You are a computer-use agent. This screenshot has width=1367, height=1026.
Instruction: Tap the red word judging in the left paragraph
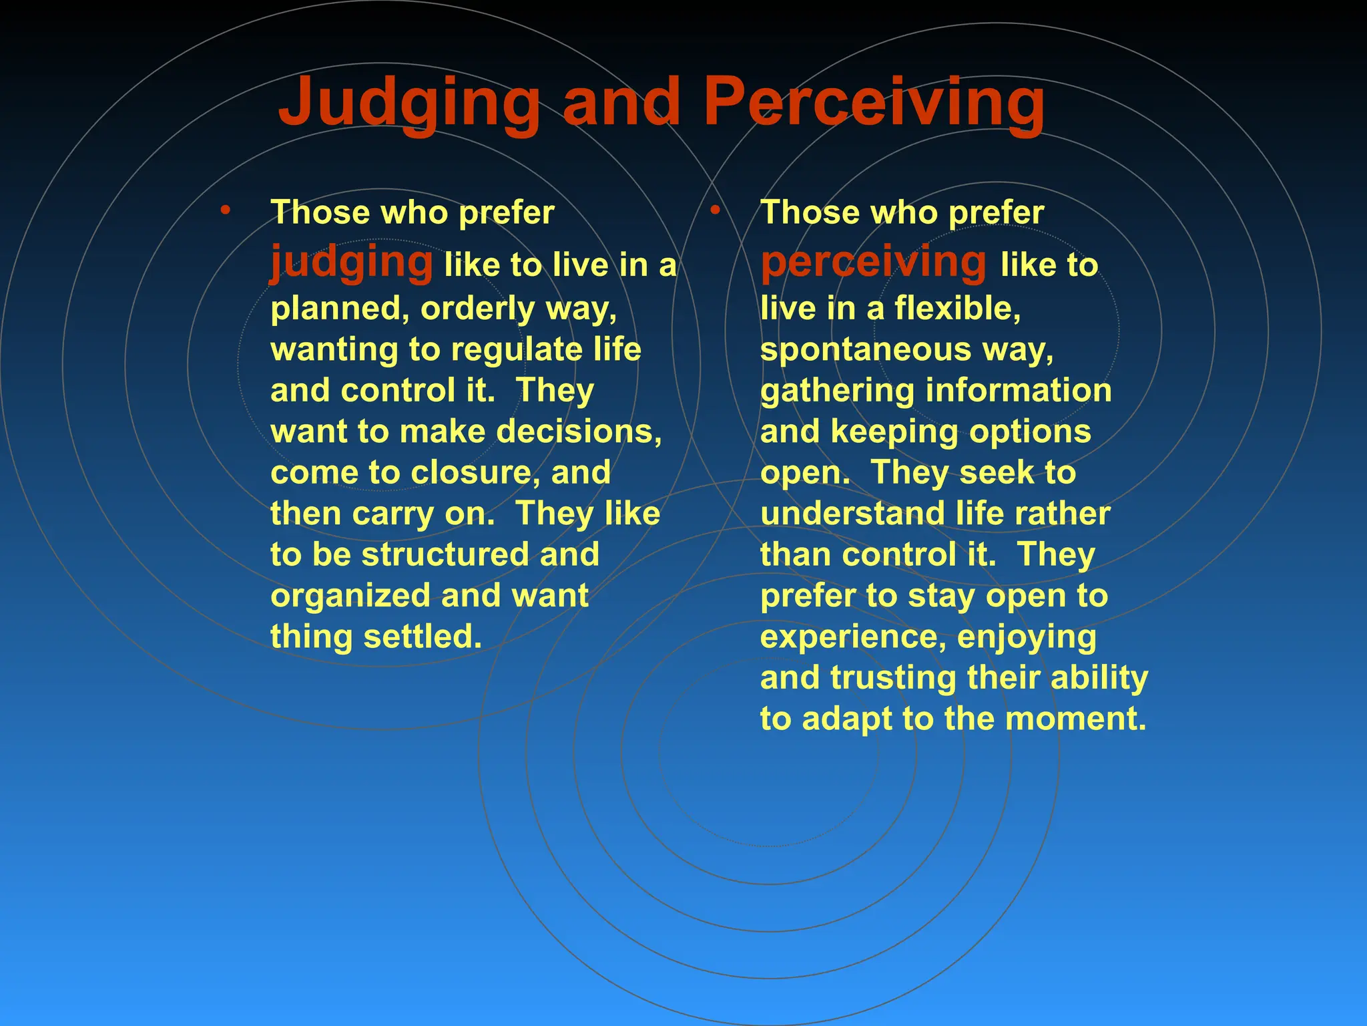coord(352,262)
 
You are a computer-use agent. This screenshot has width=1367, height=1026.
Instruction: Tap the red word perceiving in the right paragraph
coord(873,262)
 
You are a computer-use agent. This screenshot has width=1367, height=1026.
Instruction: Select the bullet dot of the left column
coord(226,211)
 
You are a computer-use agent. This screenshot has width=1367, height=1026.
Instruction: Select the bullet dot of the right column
coord(715,211)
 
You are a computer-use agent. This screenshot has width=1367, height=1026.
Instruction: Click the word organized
coord(350,596)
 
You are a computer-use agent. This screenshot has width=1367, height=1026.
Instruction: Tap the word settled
coord(422,637)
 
